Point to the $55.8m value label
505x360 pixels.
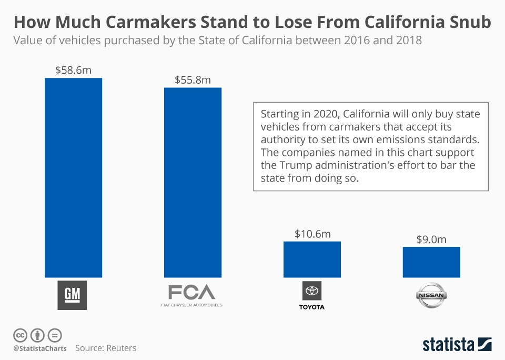193,79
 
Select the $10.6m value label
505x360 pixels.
312,234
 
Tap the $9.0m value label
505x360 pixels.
431,239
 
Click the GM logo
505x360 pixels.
72,295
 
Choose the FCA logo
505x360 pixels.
191,294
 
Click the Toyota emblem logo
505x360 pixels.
312,291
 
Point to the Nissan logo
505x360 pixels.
431,296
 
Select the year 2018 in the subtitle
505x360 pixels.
407,41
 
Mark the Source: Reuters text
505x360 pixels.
106,348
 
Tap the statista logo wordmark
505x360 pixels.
449,345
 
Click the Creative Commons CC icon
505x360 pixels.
20,335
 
